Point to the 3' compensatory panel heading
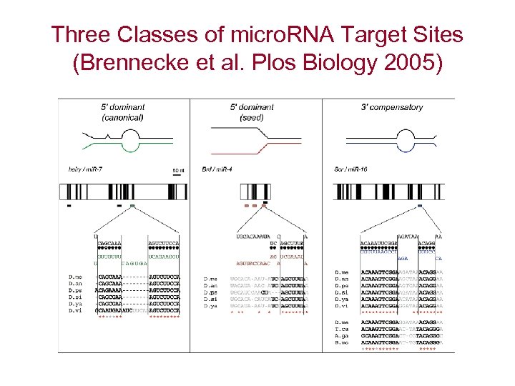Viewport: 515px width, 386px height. pos(391,107)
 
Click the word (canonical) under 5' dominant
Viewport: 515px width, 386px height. pos(123,117)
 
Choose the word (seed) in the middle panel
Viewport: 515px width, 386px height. pos(252,117)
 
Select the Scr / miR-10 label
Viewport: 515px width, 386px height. pos(350,169)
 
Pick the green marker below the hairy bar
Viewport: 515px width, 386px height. pos(133,206)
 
